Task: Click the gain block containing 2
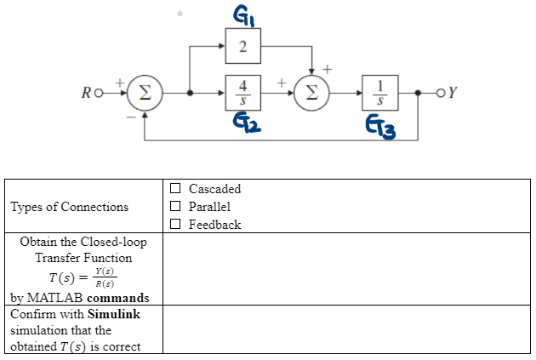[x=242, y=45]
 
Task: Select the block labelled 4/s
[x=242, y=92]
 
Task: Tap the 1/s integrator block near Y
[x=379, y=92]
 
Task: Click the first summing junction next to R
[x=145, y=92]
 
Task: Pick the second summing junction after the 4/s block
[x=311, y=92]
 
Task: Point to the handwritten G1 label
[x=242, y=13]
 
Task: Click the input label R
[x=100, y=92]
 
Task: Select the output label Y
[x=453, y=92]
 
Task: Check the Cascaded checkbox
[x=176, y=189]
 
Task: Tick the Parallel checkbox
[x=176, y=207]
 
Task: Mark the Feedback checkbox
[x=176, y=225]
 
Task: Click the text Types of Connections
[x=70, y=207]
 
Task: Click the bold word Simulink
[x=114, y=314]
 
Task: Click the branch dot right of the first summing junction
[x=188, y=92]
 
